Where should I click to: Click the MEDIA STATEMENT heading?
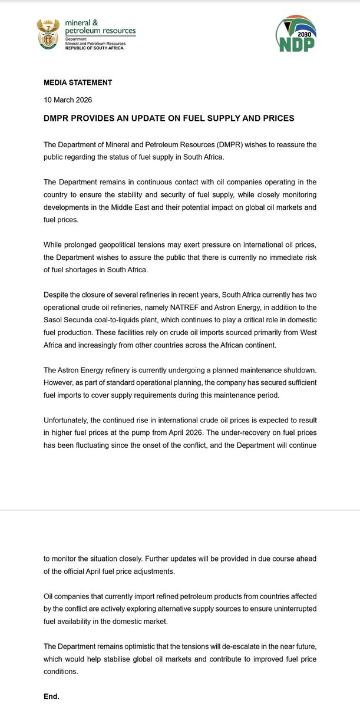pyautogui.click(x=78, y=82)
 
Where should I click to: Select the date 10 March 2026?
pyautogui.click(x=68, y=100)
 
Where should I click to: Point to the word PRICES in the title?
pyautogui.click(x=273, y=118)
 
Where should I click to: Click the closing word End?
pyautogui.click(x=52, y=696)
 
